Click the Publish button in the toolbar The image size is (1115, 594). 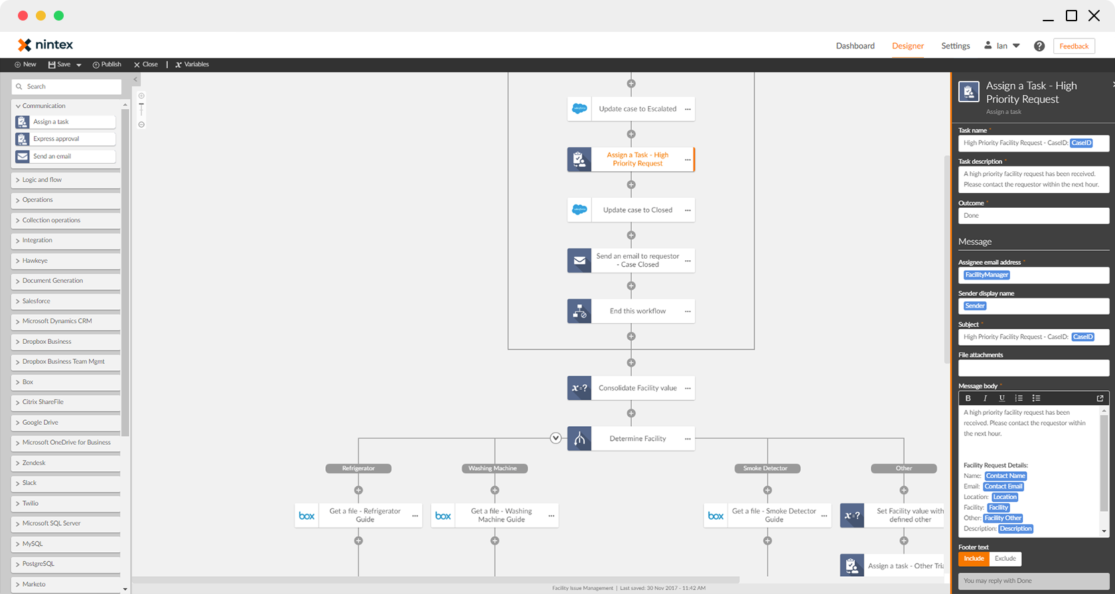(107, 64)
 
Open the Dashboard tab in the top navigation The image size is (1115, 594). (855, 46)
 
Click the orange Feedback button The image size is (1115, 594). (1073, 46)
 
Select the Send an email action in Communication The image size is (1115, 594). (65, 157)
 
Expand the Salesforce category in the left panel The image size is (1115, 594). (37, 301)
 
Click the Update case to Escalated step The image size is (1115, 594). (637, 109)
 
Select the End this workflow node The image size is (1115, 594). (637, 311)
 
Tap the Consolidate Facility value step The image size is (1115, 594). (637, 388)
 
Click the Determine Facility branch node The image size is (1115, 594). (637, 439)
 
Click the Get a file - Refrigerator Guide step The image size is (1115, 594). (364, 516)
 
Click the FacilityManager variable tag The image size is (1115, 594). (987, 275)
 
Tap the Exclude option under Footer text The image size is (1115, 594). (1005, 559)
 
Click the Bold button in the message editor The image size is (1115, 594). (968, 398)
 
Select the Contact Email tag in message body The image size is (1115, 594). (1003, 486)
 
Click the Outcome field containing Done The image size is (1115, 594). (1033, 216)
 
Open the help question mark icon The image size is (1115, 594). (1039, 46)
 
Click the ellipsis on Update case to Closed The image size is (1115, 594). (688, 210)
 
